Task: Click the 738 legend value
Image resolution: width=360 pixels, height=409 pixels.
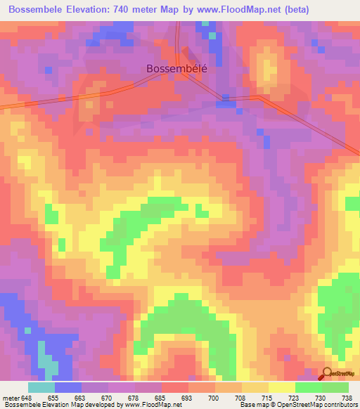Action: [x=346, y=398]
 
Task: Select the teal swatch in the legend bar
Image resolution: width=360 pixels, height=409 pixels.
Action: [x=41, y=387]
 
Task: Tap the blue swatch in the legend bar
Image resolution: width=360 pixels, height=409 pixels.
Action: [x=68, y=387]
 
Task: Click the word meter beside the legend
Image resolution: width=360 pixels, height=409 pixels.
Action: [x=11, y=398]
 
